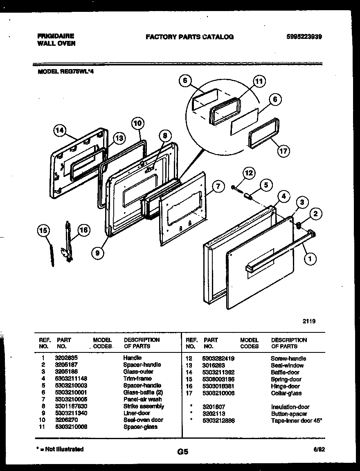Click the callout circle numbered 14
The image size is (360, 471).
coord(60,131)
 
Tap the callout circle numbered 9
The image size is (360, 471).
coord(97,253)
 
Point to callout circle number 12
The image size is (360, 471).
coord(248,173)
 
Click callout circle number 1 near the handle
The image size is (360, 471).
coord(310,258)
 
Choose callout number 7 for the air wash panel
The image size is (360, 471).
coord(218,187)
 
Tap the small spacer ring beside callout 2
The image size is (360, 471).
coord(299,225)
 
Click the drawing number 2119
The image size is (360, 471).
coord(309,321)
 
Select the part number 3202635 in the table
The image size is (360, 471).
coord(65,358)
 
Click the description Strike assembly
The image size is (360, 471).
coord(144,406)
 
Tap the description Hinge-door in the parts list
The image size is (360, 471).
coord(285,386)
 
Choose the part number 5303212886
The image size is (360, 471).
coord(218,420)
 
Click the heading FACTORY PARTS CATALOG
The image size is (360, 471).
coord(189,37)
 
